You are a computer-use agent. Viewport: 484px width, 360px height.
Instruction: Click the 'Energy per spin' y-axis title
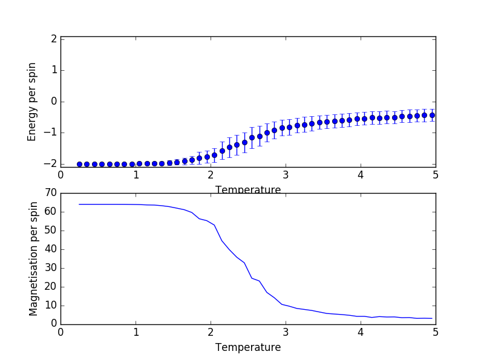[32, 102]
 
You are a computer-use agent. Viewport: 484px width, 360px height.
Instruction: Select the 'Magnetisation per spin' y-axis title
[33, 259]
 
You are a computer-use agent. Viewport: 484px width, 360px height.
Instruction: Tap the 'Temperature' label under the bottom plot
[248, 348]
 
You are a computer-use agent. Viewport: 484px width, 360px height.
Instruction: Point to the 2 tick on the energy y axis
[54, 39]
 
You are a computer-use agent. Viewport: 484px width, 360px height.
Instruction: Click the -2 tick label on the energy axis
[51, 164]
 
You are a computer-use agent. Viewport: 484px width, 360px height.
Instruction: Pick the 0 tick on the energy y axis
[54, 101]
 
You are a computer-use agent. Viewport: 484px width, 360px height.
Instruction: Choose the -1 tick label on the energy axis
[51, 133]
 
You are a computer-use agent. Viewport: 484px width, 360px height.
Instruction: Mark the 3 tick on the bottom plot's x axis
[286, 332]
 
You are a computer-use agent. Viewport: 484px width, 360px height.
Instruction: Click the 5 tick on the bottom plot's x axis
[436, 332]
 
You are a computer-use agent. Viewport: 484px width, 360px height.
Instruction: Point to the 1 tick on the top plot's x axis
[136, 175]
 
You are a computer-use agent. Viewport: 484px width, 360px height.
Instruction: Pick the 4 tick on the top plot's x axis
[361, 175]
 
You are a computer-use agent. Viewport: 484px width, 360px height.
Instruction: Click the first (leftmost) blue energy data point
[79, 164]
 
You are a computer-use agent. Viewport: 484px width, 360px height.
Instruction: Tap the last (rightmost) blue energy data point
[432, 115]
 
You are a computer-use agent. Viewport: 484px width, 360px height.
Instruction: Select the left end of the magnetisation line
[79, 204]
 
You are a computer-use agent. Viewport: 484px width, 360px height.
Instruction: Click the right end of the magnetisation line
[432, 318]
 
